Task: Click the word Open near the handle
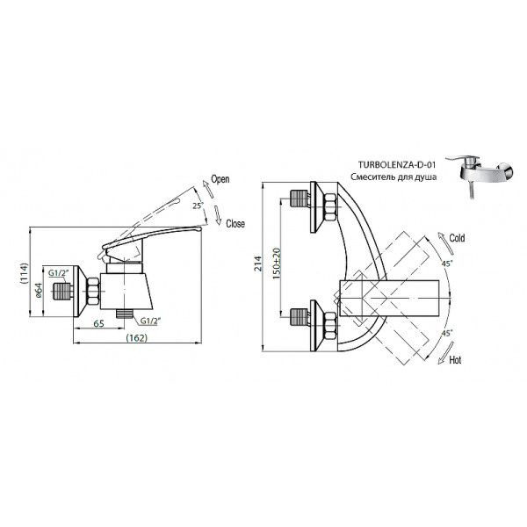pyautogui.click(x=220, y=179)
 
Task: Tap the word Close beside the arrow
pyautogui.click(x=235, y=223)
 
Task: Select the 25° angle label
pyautogui.click(x=199, y=206)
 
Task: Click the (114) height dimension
pyautogui.click(x=25, y=273)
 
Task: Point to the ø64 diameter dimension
pyautogui.click(x=39, y=290)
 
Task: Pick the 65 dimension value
pyautogui.click(x=98, y=323)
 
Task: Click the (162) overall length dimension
pyautogui.click(x=137, y=337)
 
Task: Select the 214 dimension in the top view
pyautogui.click(x=257, y=264)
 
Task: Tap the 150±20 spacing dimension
pyautogui.click(x=277, y=263)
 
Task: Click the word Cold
pyautogui.click(x=457, y=238)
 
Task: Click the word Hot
pyautogui.click(x=455, y=360)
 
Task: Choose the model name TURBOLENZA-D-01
pyautogui.click(x=397, y=165)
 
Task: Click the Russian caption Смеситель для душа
pyautogui.click(x=393, y=177)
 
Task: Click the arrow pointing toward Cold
pyautogui.click(x=446, y=242)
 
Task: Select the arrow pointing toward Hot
pyautogui.click(x=446, y=353)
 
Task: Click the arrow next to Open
pyautogui.click(x=207, y=190)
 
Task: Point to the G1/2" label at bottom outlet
pyautogui.click(x=149, y=321)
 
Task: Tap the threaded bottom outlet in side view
pyautogui.click(x=125, y=314)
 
